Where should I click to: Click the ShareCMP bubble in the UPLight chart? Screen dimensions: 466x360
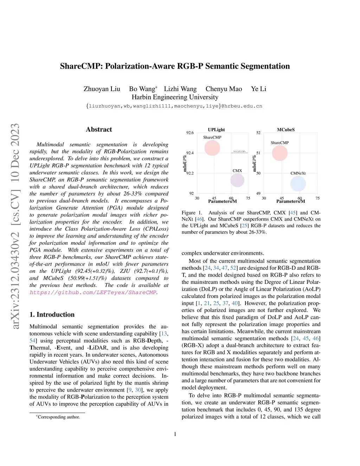coord(212,148)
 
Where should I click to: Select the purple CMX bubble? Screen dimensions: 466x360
coord(237,180)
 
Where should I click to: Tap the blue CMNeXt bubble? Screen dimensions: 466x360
coord(298,184)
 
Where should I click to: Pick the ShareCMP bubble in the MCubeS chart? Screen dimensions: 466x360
coord(280,153)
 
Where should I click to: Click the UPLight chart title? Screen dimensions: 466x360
coord(216,130)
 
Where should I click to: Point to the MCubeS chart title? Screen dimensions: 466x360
coord(286,130)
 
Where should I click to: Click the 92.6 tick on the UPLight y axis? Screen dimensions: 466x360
coord(190,133)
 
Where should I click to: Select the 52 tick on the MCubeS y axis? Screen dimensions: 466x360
coord(258,133)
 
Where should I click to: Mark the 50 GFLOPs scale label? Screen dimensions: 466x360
coord(239,152)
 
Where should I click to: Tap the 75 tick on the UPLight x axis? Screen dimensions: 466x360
coord(248,198)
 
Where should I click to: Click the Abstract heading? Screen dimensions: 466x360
coord(99,129)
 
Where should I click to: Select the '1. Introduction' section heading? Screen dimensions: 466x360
coord(52,314)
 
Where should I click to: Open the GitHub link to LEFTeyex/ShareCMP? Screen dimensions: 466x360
coord(93,292)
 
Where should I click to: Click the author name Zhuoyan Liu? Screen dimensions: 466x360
coord(102,89)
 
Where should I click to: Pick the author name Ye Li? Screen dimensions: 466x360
coord(258,89)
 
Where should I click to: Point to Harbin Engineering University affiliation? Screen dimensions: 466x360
coord(175,97)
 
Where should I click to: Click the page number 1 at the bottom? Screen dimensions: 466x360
coord(175,434)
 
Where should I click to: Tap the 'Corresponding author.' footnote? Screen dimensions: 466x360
coord(58,417)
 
